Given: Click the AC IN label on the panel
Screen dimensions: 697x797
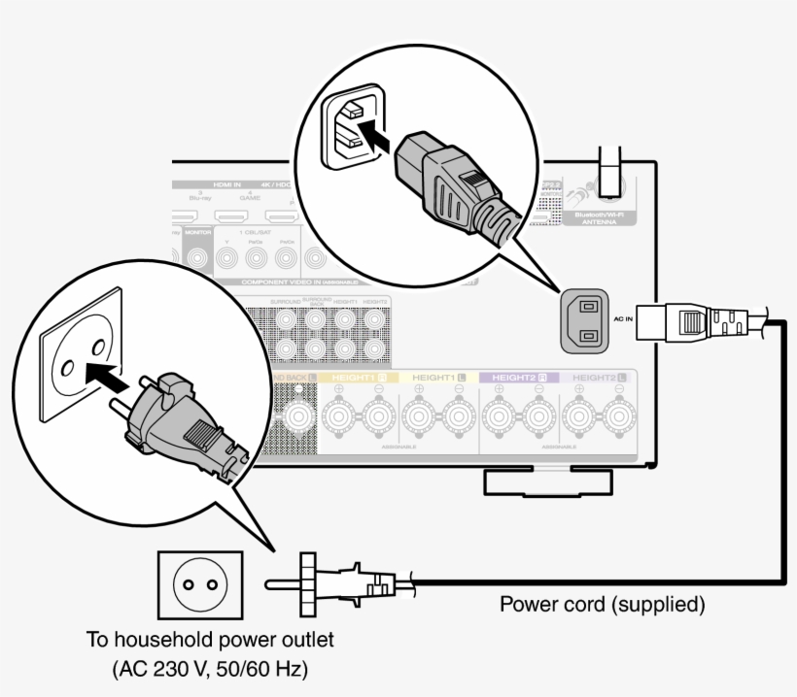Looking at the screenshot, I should click(x=623, y=318).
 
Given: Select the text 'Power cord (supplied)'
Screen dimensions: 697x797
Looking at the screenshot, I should click(x=602, y=605).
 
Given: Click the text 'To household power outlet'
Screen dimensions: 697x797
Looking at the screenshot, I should click(x=209, y=640).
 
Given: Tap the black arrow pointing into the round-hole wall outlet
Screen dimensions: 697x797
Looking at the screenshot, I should click(x=105, y=373).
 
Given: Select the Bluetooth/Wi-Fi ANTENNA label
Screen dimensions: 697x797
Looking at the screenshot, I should click(x=596, y=216).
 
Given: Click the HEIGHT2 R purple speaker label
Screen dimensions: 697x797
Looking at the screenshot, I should click(x=519, y=377).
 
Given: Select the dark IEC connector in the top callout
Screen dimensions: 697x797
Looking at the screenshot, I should click(x=452, y=184).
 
